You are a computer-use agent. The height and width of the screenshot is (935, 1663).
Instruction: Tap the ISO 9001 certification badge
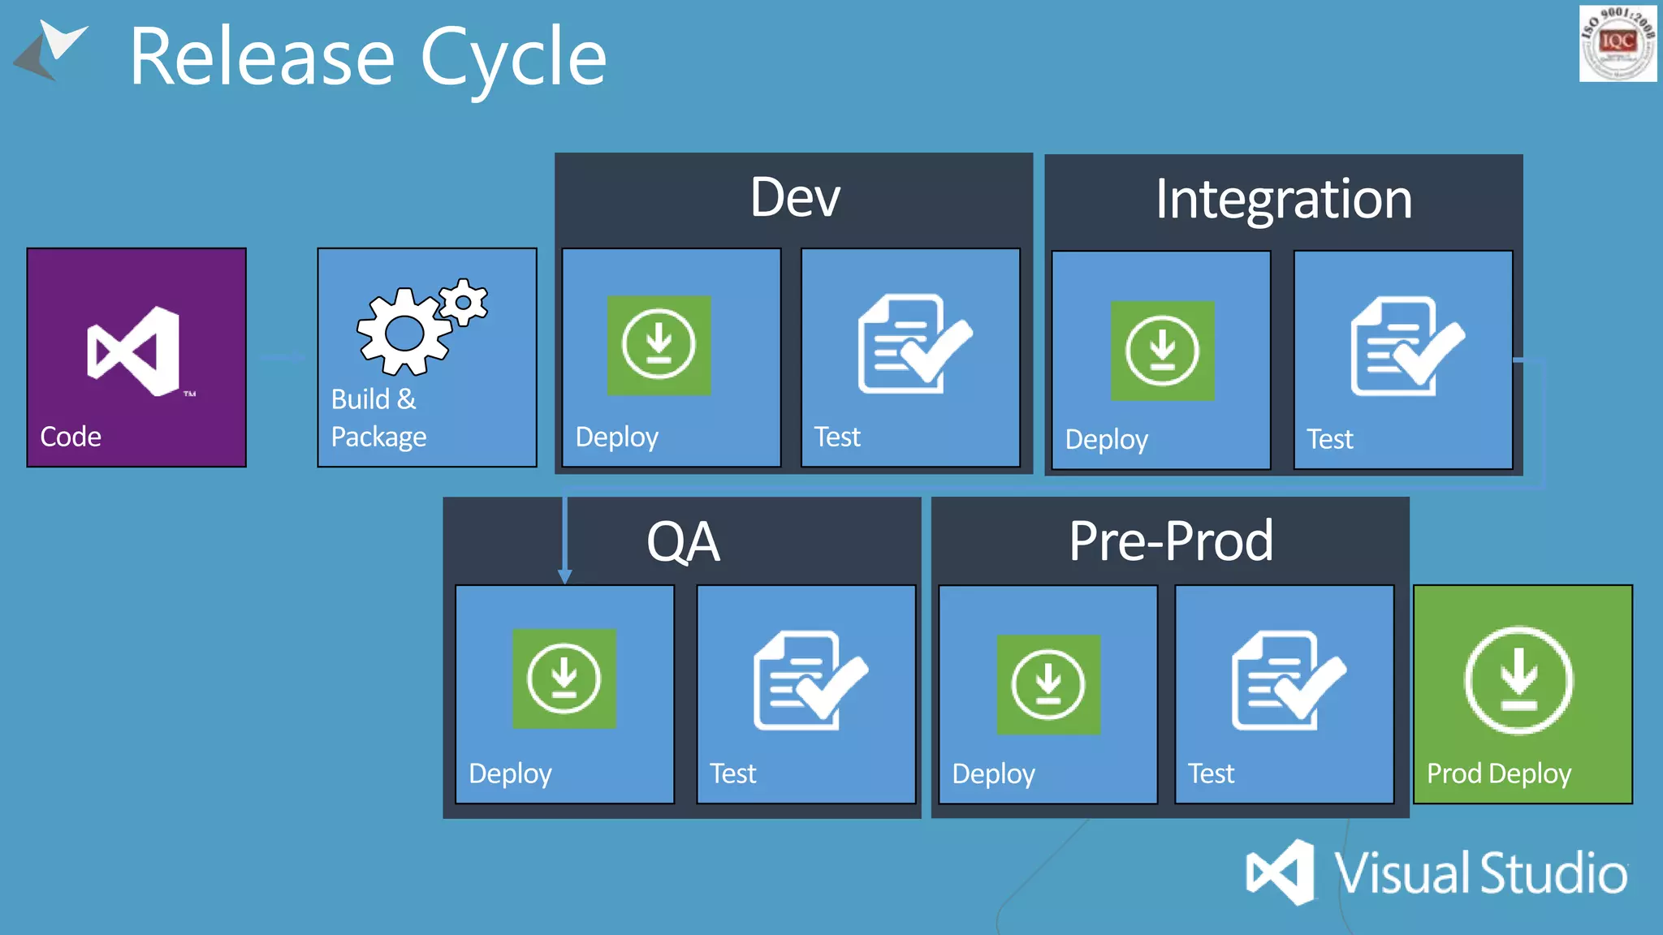[x=1617, y=43]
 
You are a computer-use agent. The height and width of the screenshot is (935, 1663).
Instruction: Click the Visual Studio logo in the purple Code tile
[x=134, y=351]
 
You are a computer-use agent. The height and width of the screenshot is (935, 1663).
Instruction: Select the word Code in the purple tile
[x=71, y=437]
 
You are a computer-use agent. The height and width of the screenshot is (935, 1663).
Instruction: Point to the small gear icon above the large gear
[x=464, y=303]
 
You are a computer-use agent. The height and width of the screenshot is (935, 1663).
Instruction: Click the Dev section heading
[x=794, y=197]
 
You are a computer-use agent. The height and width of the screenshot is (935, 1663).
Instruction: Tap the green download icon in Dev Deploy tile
[x=659, y=346]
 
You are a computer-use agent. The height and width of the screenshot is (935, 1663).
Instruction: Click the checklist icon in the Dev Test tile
[x=913, y=344]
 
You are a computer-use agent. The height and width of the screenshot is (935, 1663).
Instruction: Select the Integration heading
[x=1283, y=199]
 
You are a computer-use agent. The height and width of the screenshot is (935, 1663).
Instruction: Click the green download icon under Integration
[x=1162, y=351]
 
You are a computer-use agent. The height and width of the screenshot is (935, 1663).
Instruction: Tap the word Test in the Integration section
[x=1329, y=439]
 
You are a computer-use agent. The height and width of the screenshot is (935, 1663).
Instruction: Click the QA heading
[x=683, y=542]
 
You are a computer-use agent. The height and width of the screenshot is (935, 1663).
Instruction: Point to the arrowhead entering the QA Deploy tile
[x=565, y=576]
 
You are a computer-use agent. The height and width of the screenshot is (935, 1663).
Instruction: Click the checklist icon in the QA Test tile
[x=809, y=680]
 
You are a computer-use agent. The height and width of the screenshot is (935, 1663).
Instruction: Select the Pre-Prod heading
[x=1170, y=541]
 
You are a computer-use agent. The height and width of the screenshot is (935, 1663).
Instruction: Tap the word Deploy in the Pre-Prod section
[x=993, y=773]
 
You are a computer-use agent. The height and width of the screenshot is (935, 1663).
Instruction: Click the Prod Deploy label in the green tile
[x=1498, y=773]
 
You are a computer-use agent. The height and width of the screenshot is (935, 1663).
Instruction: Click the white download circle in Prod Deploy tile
[x=1518, y=680]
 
